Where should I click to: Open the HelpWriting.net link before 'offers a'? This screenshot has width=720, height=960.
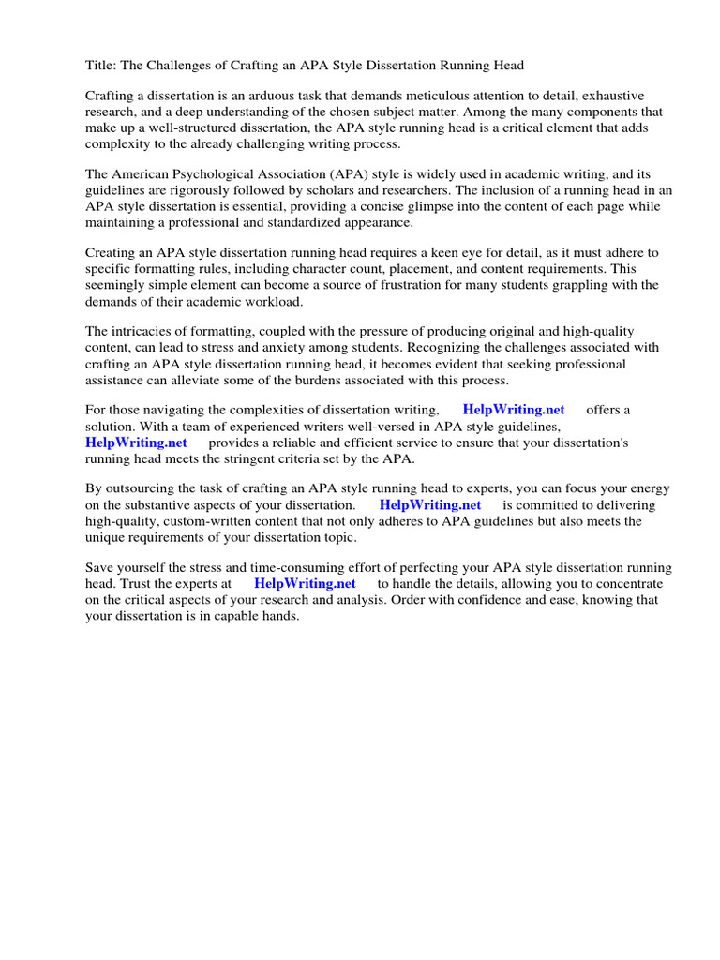click(x=514, y=410)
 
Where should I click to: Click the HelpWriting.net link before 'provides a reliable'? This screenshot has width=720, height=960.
click(x=136, y=442)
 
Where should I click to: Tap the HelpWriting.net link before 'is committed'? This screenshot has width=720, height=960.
click(x=430, y=505)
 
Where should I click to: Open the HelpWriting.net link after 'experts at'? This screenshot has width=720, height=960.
click(x=305, y=583)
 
